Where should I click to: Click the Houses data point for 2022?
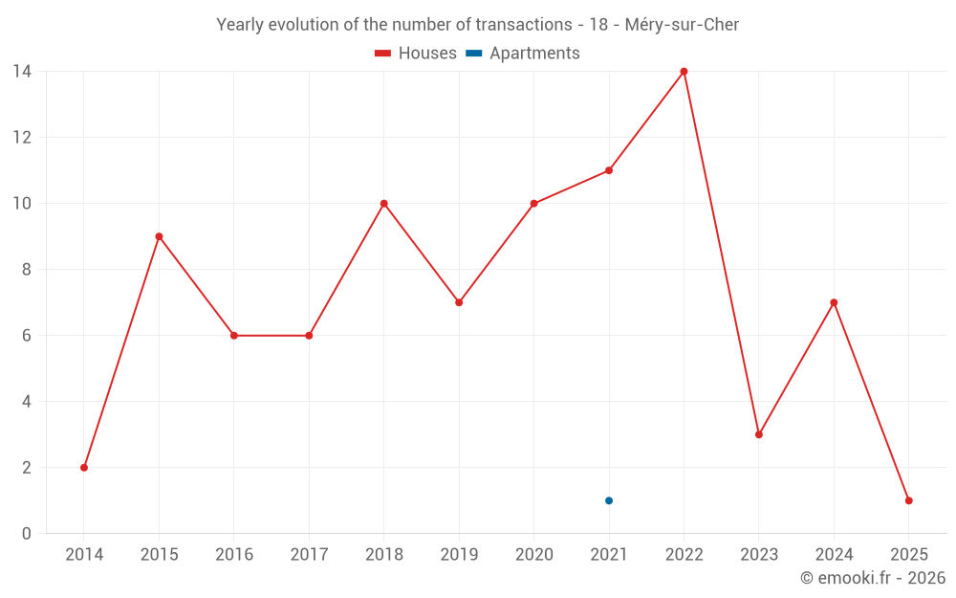coord(684,72)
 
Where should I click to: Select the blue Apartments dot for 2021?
coord(609,500)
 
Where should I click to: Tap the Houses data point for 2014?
coord(84,468)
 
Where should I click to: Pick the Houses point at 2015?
coord(159,236)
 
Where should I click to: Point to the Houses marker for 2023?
coord(759,434)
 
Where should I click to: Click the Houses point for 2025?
coord(908,500)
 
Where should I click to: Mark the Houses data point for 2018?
coord(384,204)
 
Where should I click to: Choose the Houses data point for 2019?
coord(459,302)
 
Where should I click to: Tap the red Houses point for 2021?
coord(609,170)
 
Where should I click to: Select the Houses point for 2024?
coord(834,302)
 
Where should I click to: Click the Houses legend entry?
coord(416,54)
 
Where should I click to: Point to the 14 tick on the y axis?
coord(22,72)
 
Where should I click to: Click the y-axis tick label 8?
coord(27,270)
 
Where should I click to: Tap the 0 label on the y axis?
coord(27,534)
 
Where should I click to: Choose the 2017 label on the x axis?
coord(309,555)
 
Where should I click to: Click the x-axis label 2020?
coord(533,555)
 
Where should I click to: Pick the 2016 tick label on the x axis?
coord(234,555)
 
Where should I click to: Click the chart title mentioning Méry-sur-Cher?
coord(477,25)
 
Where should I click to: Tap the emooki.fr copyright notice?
coord(872,578)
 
